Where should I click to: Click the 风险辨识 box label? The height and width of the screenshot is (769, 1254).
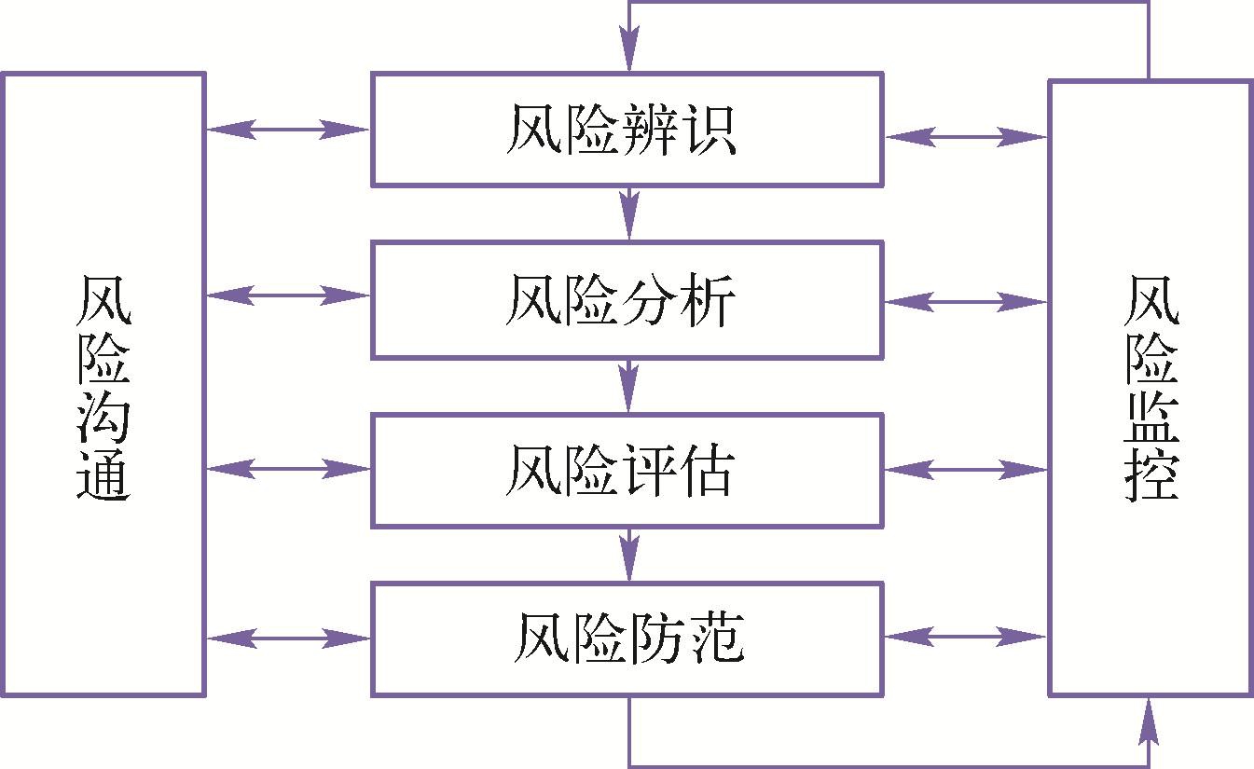pyautogui.click(x=622, y=130)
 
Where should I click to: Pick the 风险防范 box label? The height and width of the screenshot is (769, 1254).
pyautogui.click(x=628, y=639)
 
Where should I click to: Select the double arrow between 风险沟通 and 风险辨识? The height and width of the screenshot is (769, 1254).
pyautogui.click(x=288, y=129)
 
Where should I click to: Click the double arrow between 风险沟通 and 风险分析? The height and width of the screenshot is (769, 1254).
pyautogui.click(x=288, y=295)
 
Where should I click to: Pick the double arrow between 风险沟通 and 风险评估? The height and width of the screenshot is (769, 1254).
pyautogui.click(x=288, y=468)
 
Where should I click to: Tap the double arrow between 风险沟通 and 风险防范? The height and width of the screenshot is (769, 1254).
pyautogui.click(x=288, y=639)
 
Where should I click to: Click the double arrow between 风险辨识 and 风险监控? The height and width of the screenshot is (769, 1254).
pyautogui.click(x=966, y=137)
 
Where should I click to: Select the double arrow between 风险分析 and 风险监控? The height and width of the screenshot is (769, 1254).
pyautogui.click(x=966, y=302)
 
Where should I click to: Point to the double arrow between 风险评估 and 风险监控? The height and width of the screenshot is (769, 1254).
pyautogui.click(x=966, y=470)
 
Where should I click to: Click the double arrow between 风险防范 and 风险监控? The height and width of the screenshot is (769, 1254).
pyautogui.click(x=966, y=637)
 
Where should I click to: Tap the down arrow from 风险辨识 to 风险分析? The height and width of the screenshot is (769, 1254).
pyautogui.click(x=629, y=213)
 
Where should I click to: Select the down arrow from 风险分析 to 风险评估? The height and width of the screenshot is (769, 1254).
pyautogui.click(x=629, y=385)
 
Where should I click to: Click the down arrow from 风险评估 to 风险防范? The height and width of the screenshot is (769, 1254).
pyautogui.click(x=629, y=554)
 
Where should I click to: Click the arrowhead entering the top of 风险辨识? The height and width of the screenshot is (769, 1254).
pyautogui.click(x=629, y=51)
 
